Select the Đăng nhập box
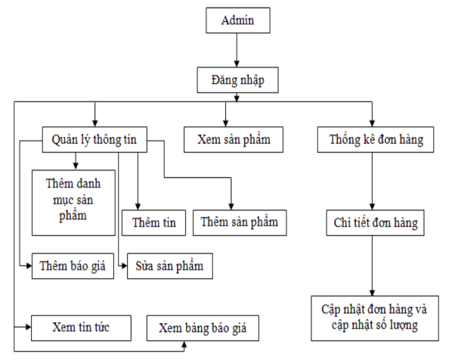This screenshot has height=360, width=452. pyautogui.click(x=237, y=79)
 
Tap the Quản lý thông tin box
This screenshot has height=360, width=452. pyautogui.click(x=94, y=139)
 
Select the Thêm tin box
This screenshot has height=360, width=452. pyautogui.click(x=153, y=222)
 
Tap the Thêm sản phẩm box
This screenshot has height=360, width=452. pyautogui.click(x=240, y=222)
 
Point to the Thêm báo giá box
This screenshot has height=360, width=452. pyautogui.click(x=73, y=266)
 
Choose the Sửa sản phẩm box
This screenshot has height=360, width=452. pyautogui.click(x=169, y=266)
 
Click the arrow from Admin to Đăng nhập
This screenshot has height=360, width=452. pyautogui.click(x=237, y=50)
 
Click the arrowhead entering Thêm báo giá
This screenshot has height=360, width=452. pyautogui.click(x=28, y=266)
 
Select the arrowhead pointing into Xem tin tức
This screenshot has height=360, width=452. pyautogui.click(x=27, y=327)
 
